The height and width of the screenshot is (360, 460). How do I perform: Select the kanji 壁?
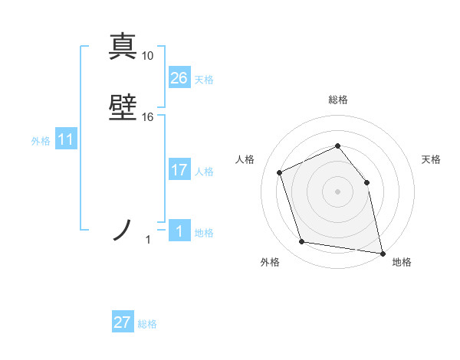(x=123, y=108)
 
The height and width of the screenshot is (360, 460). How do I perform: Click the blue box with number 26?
(x=179, y=78)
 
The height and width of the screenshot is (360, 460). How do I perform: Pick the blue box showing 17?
(x=179, y=170)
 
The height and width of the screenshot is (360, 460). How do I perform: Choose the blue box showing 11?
(x=66, y=139)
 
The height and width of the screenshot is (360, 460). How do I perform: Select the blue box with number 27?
(x=123, y=322)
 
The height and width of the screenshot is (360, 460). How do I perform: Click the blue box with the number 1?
(x=179, y=231)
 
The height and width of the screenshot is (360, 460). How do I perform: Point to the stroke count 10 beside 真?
(x=148, y=56)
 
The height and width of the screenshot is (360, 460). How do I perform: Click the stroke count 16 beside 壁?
(x=148, y=117)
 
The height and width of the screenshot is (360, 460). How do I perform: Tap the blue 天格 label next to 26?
(x=204, y=80)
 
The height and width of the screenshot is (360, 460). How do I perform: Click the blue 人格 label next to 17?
(x=204, y=172)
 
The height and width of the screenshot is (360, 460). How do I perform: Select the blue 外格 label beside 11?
(x=41, y=141)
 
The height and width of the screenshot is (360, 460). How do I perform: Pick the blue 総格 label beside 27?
(x=147, y=324)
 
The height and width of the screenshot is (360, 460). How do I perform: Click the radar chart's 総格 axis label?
(x=337, y=100)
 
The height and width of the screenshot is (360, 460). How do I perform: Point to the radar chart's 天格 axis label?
(x=431, y=159)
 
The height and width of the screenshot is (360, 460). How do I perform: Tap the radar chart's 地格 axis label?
(x=402, y=262)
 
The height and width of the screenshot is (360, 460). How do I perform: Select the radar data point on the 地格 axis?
(x=382, y=252)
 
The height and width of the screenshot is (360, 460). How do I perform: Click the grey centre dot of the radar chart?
(x=337, y=191)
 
